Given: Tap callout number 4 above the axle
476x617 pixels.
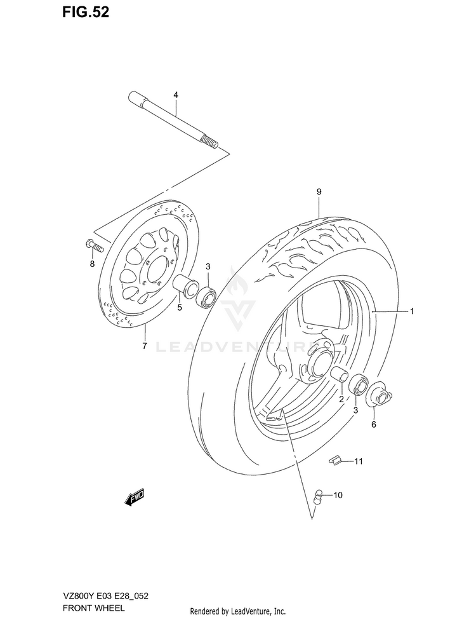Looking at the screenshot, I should (x=176, y=95).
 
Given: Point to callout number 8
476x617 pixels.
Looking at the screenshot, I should (x=92, y=264).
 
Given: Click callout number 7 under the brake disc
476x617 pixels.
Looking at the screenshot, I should (x=145, y=346).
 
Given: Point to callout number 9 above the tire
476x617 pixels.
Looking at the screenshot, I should (x=319, y=191).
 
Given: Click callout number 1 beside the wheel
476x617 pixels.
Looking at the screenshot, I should (x=411, y=311).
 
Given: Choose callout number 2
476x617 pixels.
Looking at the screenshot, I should (x=341, y=399).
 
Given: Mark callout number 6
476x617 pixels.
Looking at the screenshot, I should (x=373, y=424).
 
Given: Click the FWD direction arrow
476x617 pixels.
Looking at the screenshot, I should (x=135, y=498).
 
